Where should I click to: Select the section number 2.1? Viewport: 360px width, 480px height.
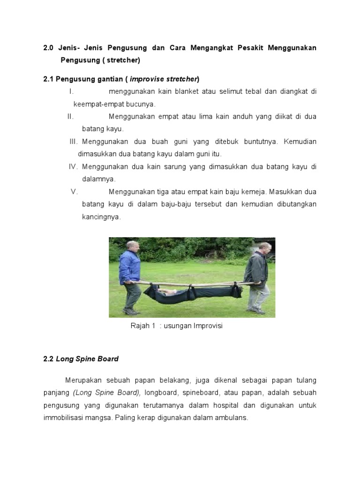[x=48, y=78]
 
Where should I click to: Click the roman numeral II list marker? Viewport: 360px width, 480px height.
[x=70, y=116]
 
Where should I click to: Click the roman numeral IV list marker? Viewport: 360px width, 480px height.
[x=73, y=166]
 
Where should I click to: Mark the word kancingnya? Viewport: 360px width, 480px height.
[x=101, y=217]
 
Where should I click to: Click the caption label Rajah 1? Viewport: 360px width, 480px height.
[x=142, y=326]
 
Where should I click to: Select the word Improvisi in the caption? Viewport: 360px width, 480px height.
[x=207, y=326]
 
